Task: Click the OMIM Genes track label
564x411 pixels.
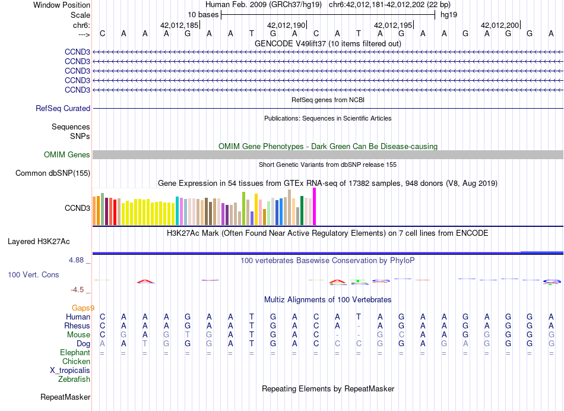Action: tap(67, 155)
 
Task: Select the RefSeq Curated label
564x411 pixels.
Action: tap(63, 109)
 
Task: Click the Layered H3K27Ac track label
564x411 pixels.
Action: tap(39, 242)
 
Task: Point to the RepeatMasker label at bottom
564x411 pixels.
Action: tap(65, 397)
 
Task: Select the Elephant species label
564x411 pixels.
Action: tap(75, 353)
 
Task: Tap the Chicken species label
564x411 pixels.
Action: tap(77, 361)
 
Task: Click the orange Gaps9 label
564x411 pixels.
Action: tap(83, 308)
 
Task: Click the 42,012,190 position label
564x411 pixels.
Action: tap(287, 25)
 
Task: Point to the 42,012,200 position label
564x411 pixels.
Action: tap(500, 25)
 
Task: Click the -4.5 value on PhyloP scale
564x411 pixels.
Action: tap(80, 290)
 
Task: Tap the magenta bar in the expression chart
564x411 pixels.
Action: tap(314, 207)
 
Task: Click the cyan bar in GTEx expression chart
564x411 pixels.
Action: tap(177, 211)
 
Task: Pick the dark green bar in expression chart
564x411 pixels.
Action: tap(302, 211)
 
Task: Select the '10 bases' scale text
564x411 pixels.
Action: tap(203, 15)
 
